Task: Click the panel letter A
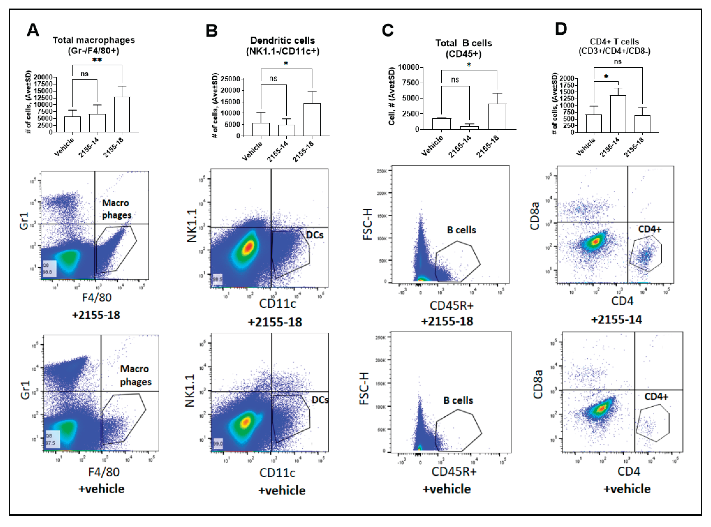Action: click(33, 30)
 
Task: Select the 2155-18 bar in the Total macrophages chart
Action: click(122, 114)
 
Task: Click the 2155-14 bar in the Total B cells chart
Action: click(469, 128)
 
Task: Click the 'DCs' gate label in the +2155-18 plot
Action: click(315, 235)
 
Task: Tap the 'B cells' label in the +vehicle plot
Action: click(458, 400)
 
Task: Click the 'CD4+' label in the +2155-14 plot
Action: click(650, 229)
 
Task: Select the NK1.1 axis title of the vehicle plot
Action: click(190, 391)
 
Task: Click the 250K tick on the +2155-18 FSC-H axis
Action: click(382, 171)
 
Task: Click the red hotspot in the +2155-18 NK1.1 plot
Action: click(249, 247)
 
